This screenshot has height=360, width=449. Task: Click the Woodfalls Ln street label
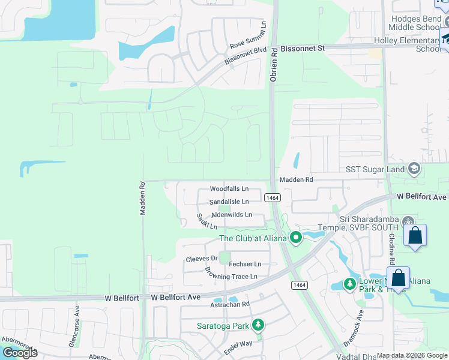(229, 189)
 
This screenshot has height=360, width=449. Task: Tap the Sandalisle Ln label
(229, 202)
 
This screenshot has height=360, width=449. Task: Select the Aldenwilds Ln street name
(231, 215)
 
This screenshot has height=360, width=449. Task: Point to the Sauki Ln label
(206, 221)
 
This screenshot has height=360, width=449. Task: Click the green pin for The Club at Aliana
(295, 238)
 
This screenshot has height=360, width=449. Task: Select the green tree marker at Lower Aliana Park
(349, 283)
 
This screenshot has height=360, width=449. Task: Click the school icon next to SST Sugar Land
(414, 169)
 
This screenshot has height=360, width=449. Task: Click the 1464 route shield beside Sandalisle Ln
(272, 197)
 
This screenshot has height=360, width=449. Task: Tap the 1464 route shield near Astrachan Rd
(298, 284)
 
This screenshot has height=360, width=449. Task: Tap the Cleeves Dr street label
(201, 259)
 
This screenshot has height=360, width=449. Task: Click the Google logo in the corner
(20, 353)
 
